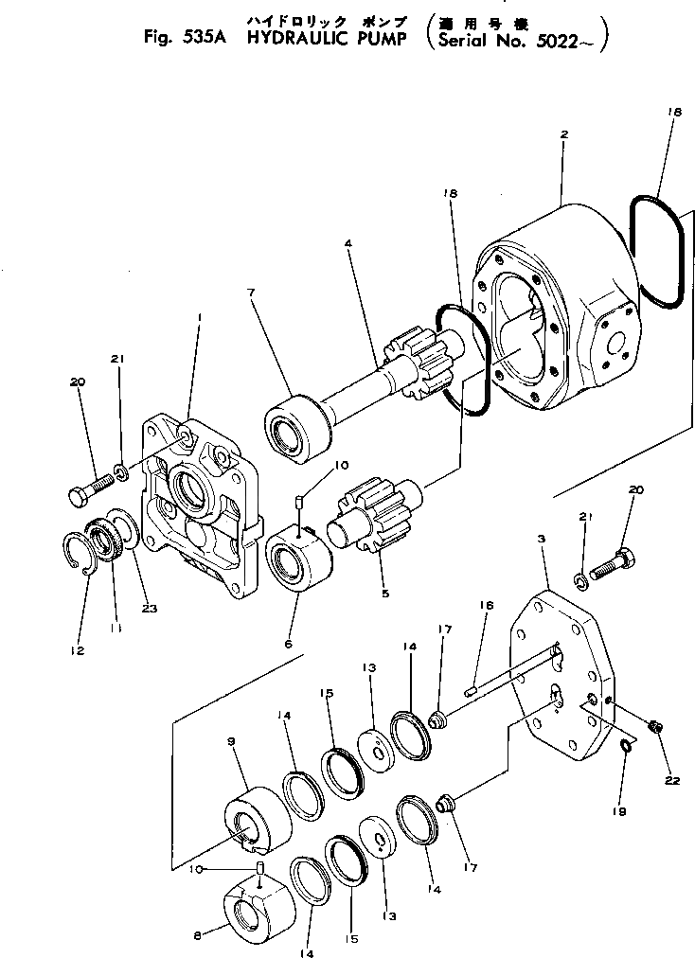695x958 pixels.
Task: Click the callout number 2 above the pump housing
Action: [563, 134]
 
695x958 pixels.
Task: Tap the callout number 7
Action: [251, 293]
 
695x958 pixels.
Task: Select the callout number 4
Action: [348, 243]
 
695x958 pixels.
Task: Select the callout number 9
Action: [231, 743]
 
